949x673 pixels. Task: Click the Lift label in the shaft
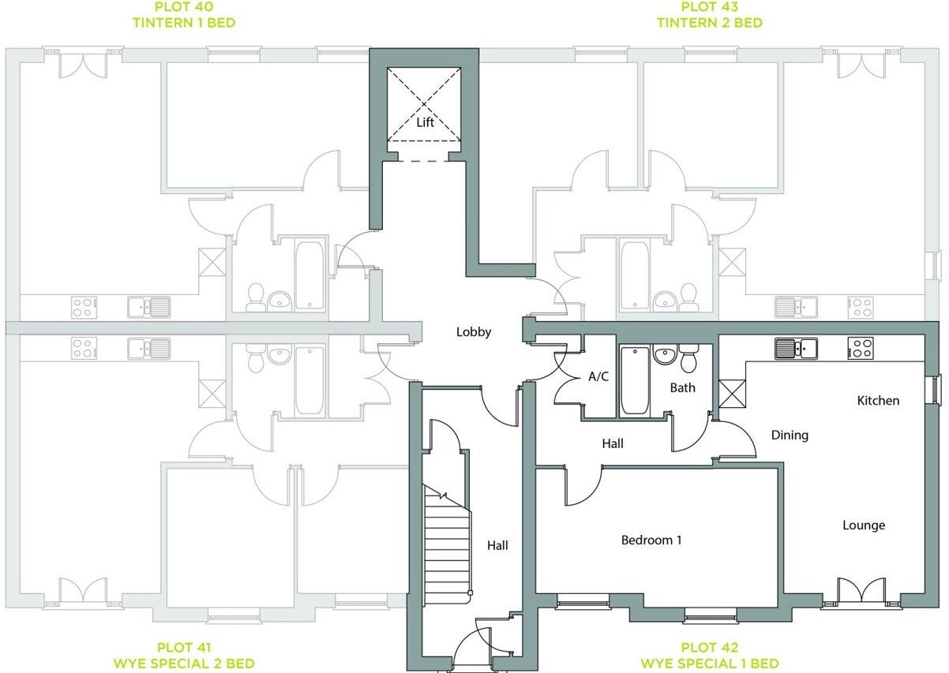click(426, 122)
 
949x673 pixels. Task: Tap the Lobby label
click(474, 332)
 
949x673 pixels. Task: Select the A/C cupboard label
click(598, 377)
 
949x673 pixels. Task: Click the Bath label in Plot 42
click(682, 387)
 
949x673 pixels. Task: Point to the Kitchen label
click(878, 401)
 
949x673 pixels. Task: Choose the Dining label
click(790, 435)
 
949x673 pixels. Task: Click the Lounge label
click(864, 525)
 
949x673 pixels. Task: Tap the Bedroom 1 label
click(651, 540)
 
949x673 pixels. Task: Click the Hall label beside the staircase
click(497, 545)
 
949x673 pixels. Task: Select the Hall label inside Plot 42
click(613, 444)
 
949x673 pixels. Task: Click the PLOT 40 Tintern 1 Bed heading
click(184, 15)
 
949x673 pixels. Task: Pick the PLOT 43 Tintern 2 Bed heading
click(710, 15)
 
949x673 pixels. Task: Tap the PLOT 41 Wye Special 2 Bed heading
click(183, 655)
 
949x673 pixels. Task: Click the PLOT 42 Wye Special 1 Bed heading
click(709, 655)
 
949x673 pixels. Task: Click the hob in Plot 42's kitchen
click(860, 347)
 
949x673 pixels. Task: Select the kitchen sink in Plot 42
click(795, 347)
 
